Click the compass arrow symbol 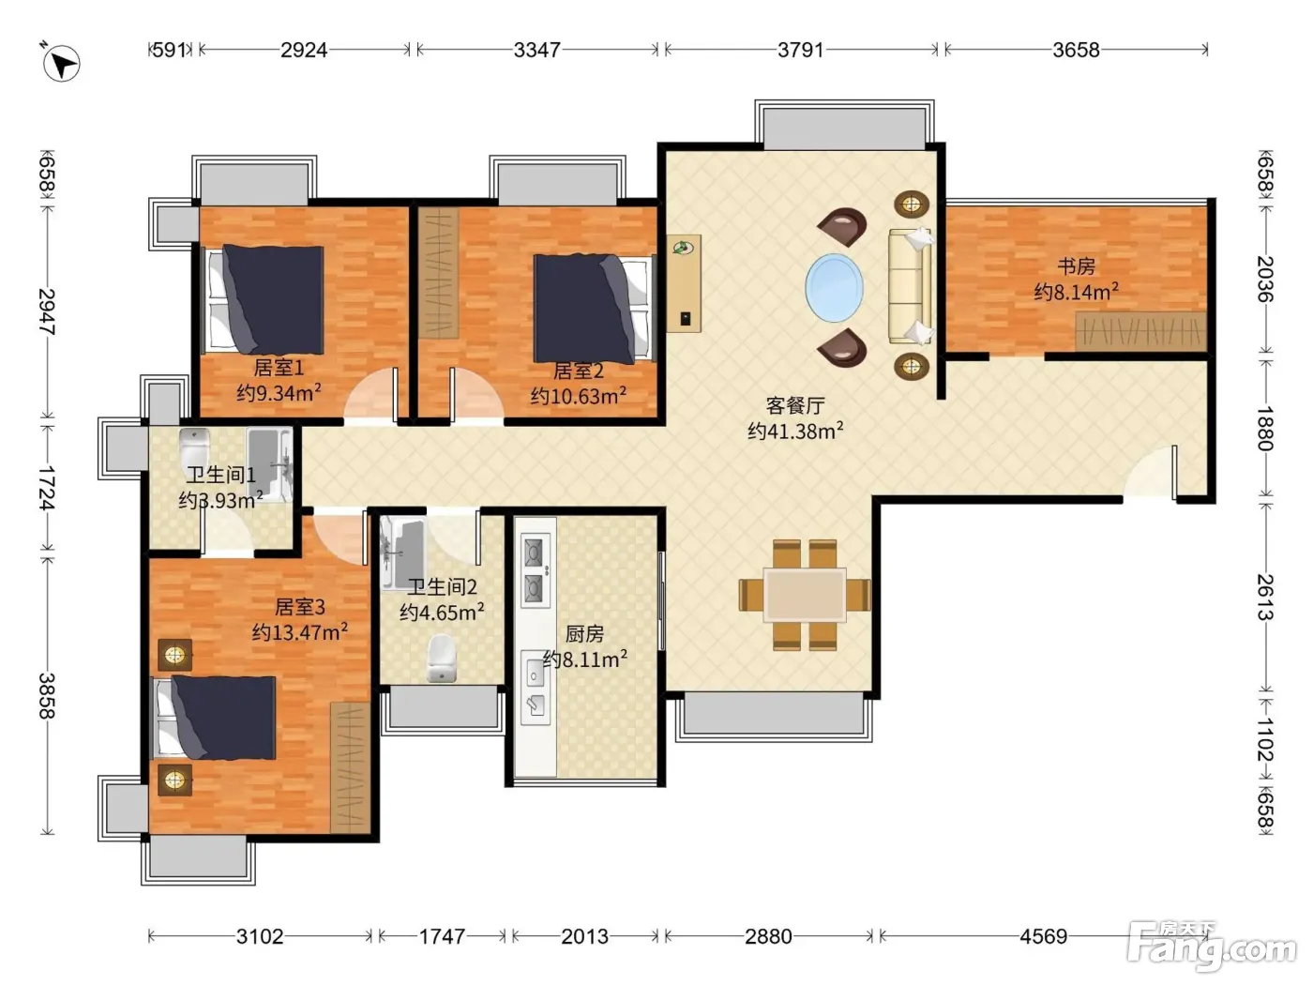click(62, 63)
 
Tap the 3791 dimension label click(800, 51)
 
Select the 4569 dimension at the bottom click(1043, 936)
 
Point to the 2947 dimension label click(47, 311)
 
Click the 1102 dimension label click(1264, 739)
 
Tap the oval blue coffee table click(835, 288)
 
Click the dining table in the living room click(805, 595)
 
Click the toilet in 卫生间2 click(442, 658)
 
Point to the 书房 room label click(1076, 265)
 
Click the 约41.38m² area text click(795, 431)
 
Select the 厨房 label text click(584, 633)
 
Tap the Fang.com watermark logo click(1212, 946)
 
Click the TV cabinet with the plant click(684, 283)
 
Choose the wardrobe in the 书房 click(1140, 331)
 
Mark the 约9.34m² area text click(279, 393)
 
